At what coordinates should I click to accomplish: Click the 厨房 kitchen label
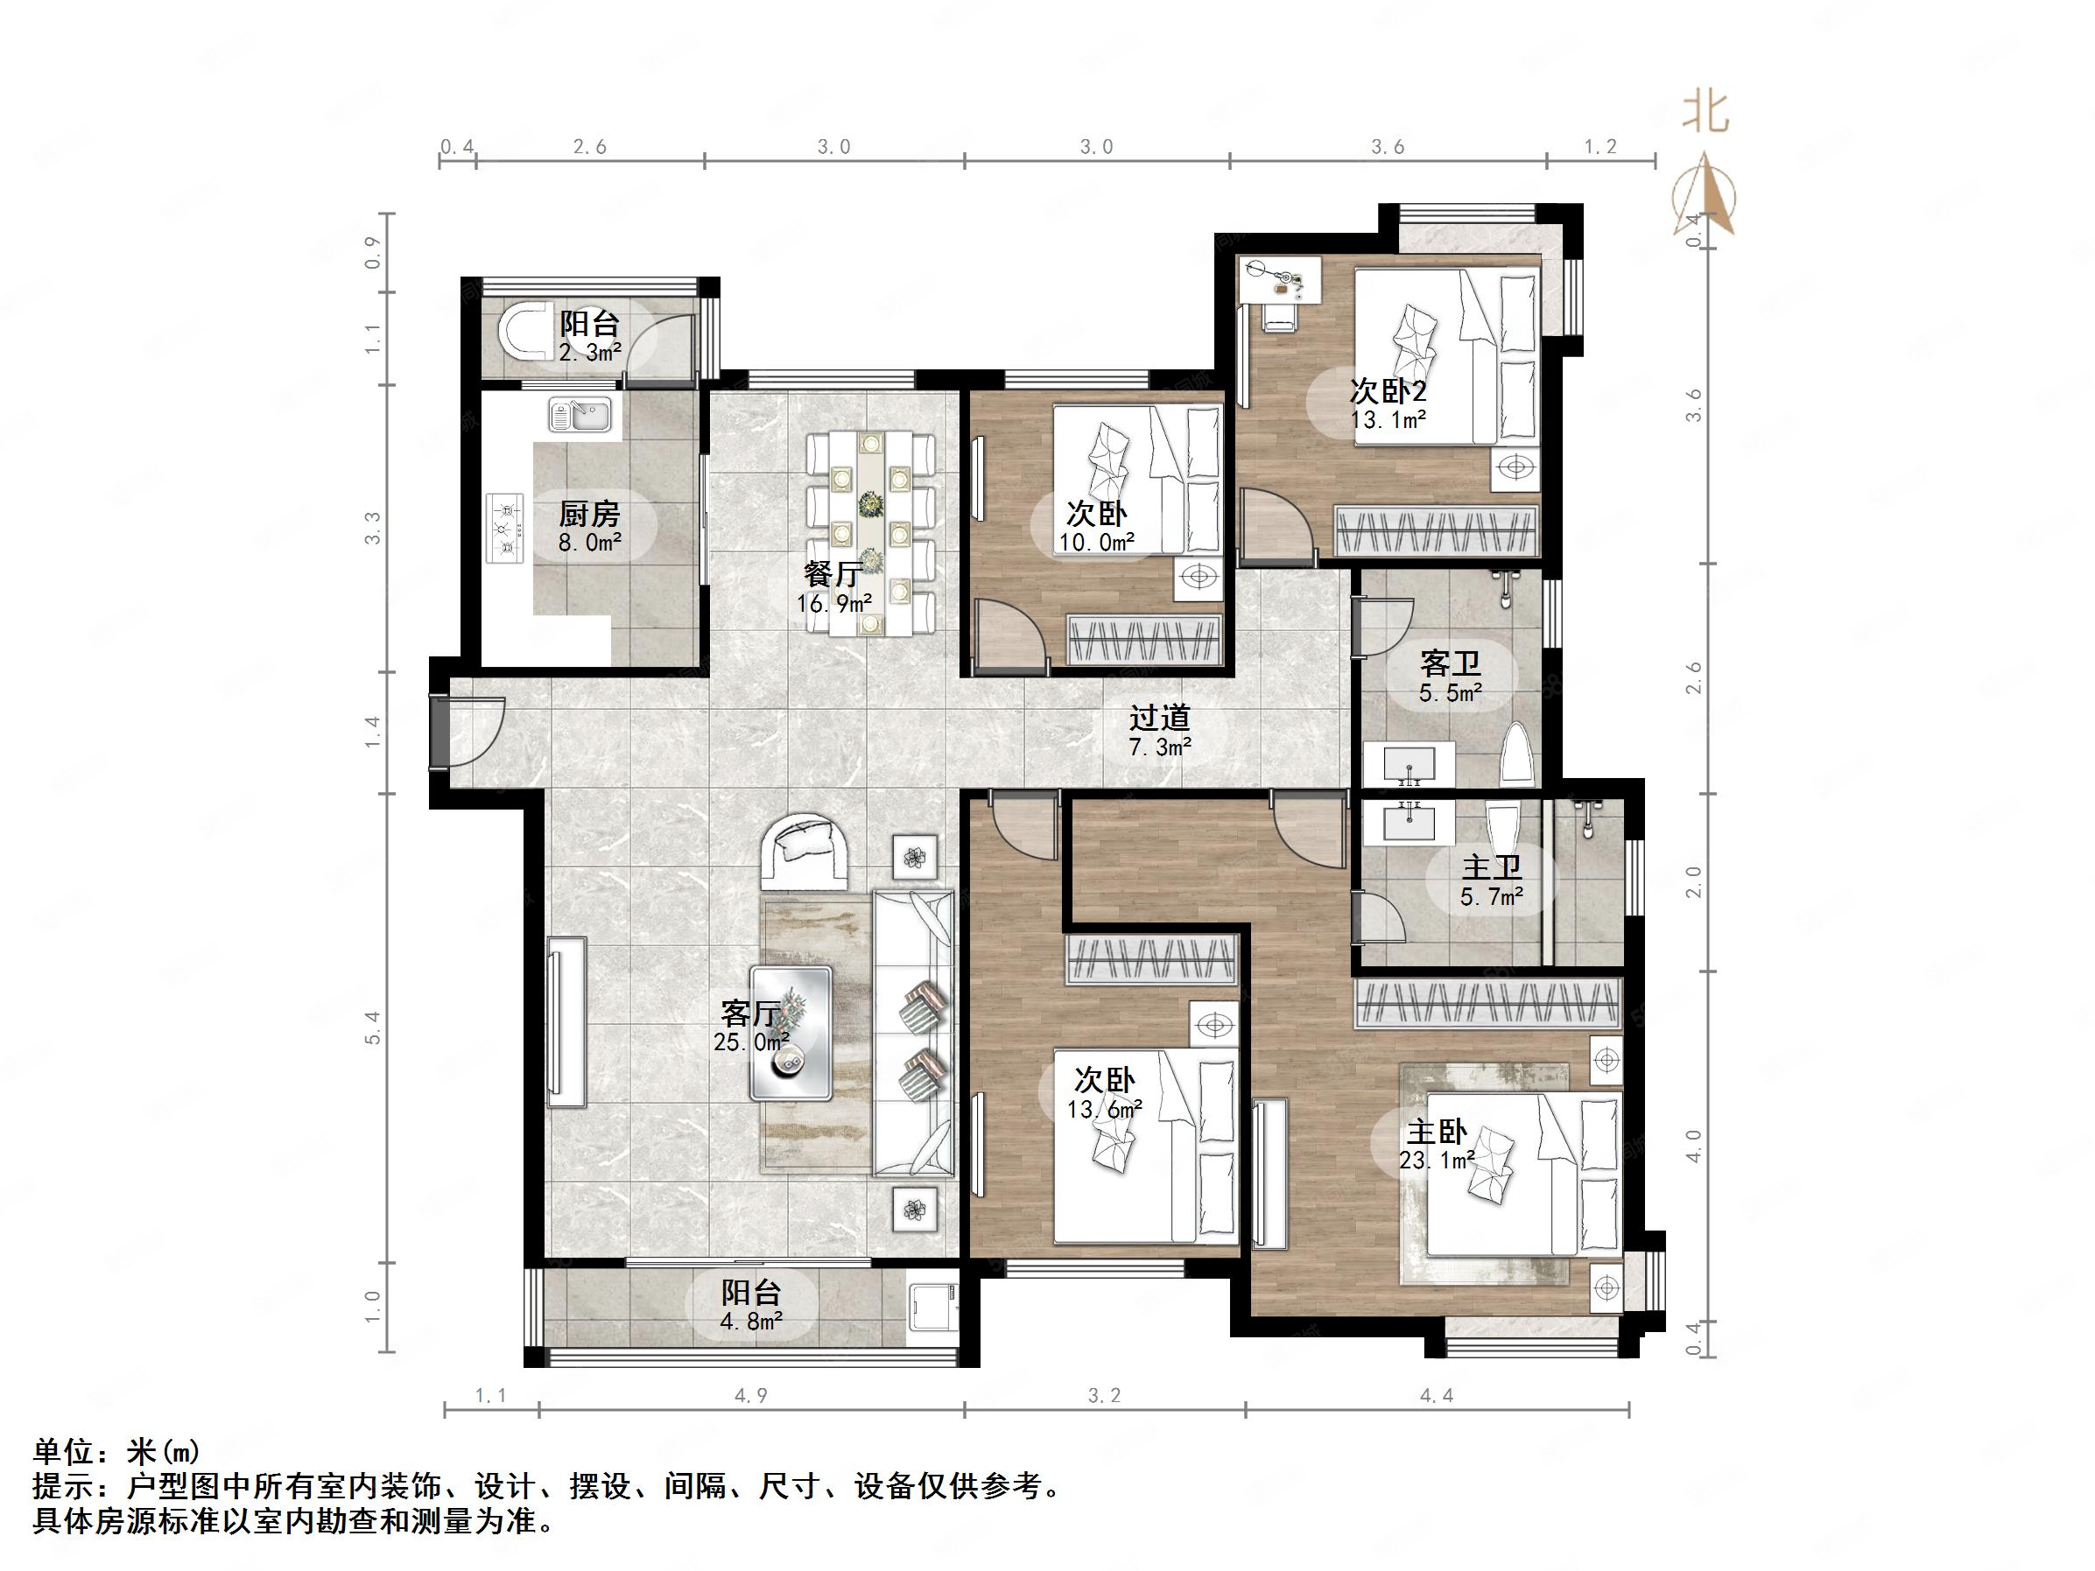[x=589, y=515]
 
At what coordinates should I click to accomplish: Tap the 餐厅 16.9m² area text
[x=833, y=602]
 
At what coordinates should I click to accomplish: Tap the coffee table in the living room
[x=791, y=1032]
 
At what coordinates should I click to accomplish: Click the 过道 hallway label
[x=1159, y=719]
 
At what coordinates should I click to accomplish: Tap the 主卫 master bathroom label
[x=1492, y=867]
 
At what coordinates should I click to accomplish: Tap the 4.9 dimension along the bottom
[x=751, y=1396]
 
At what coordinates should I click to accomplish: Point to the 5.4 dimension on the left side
[x=372, y=1028]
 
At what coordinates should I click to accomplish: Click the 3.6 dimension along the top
[x=1388, y=147]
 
